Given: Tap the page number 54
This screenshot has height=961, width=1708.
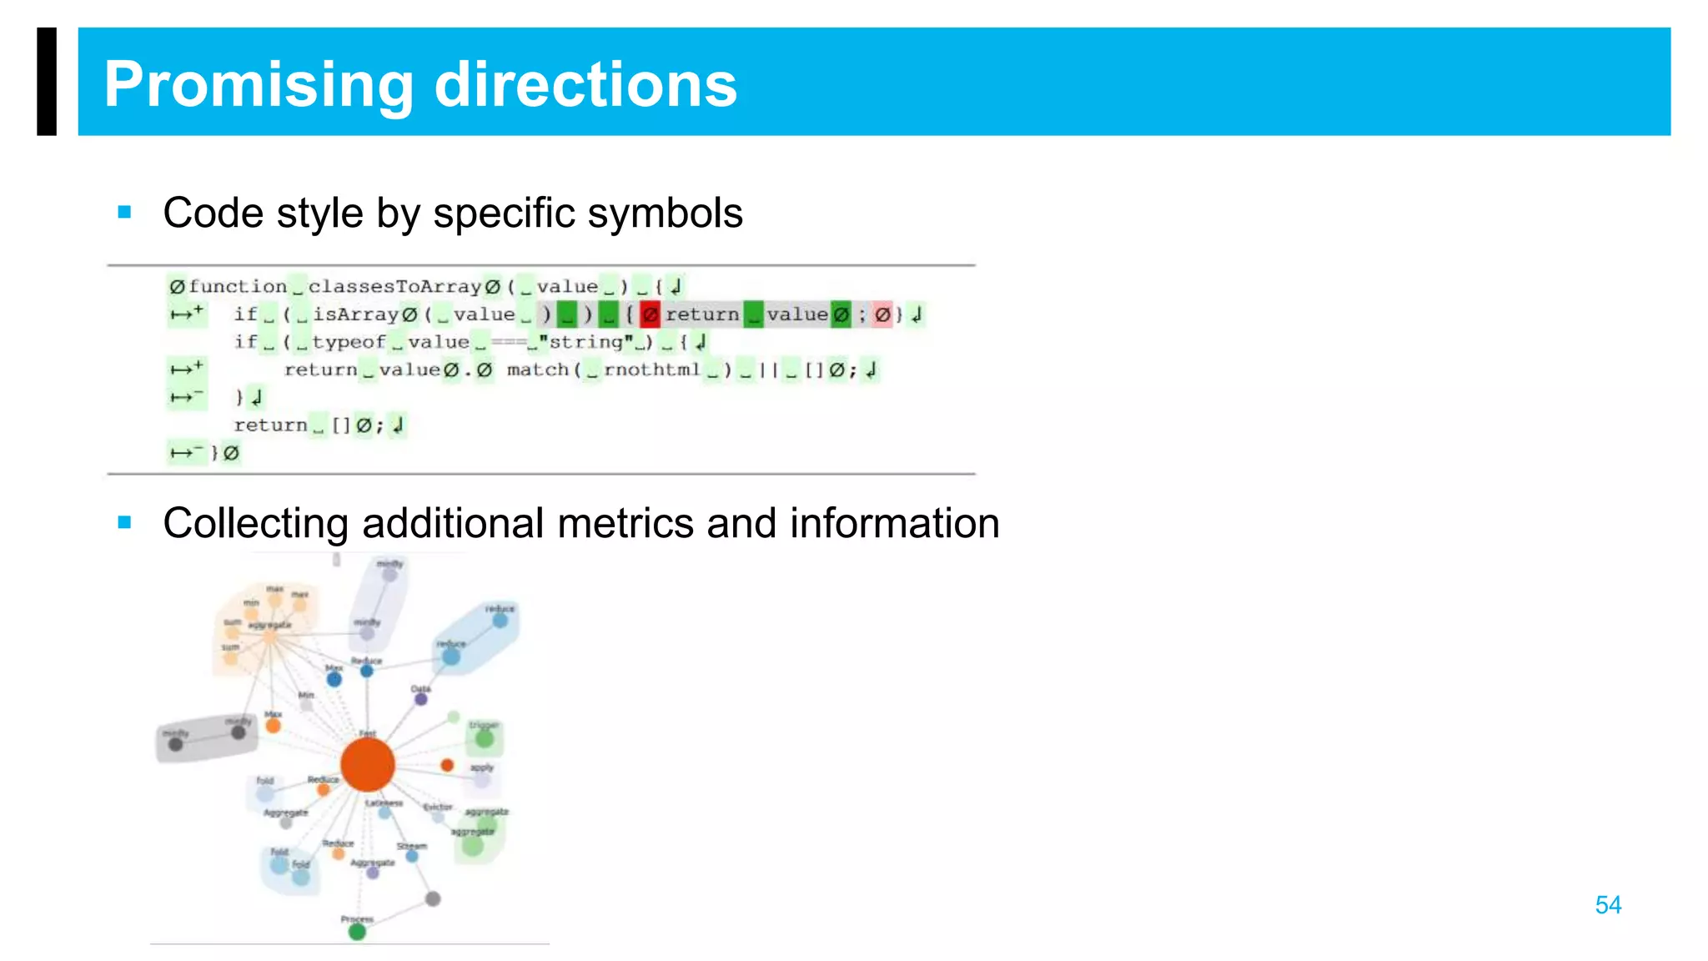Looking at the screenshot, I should [1607, 905].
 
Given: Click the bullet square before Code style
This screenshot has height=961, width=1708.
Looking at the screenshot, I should [125, 213].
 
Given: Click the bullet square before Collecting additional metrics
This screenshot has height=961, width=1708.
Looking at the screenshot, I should [125, 523].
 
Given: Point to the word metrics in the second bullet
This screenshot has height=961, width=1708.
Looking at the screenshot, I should [625, 524].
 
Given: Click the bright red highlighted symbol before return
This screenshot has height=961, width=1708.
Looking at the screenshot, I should [650, 314].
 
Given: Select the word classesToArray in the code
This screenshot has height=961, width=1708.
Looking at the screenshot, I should [394, 287].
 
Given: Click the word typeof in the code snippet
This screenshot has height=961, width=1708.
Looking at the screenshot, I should [349, 342].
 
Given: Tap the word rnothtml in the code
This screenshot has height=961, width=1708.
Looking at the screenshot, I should [652, 370].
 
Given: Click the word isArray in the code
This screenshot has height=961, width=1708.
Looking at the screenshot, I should [356, 314].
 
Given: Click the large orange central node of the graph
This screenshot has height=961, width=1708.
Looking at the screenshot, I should [367, 764].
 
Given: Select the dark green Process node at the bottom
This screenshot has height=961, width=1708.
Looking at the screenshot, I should [357, 931].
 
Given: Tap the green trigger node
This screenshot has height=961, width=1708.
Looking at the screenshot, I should [485, 738].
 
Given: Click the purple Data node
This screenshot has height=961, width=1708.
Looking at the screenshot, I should [421, 699].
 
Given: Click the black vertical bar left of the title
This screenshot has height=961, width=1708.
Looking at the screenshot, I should [47, 82].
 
